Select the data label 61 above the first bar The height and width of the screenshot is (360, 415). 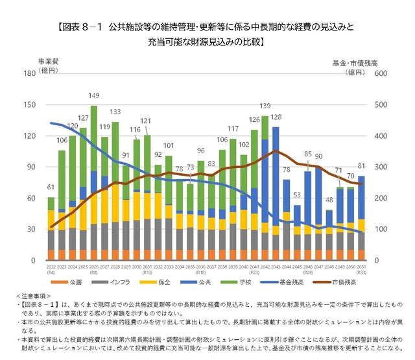coord(51,188)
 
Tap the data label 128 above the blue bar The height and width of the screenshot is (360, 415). coord(276,117)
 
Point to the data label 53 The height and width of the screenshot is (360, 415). coord(297,195)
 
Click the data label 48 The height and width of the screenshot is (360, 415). coord(329,200)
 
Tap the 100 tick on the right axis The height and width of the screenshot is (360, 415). coord(382,229)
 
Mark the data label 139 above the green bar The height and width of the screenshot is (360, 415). coord(265,105)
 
